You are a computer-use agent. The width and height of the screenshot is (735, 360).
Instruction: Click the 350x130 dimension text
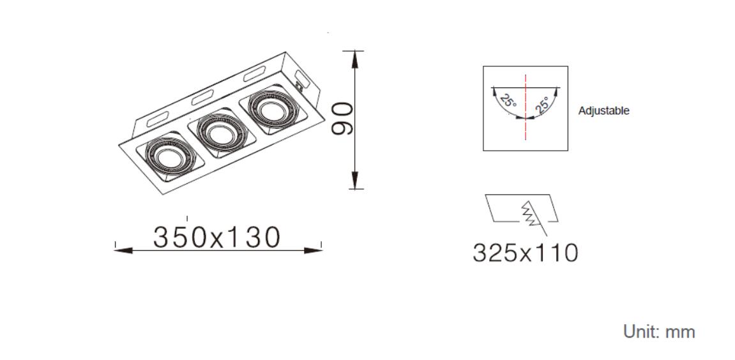tap(216, 237)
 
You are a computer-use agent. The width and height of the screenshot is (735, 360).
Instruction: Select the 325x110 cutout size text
tap(526, 253)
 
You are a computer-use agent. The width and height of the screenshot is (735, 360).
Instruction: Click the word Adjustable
tap(603, 111)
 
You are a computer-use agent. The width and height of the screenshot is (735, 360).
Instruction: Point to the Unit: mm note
tap(659, 332)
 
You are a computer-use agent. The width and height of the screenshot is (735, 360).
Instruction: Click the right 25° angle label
tap(542, 105)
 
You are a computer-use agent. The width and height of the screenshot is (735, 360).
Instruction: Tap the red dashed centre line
tap(526, 107)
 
